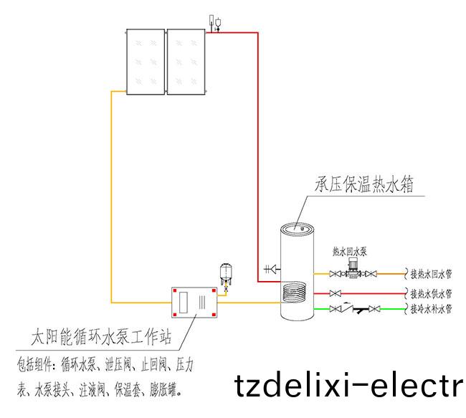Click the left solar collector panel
point(146,61)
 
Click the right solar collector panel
point(186,61)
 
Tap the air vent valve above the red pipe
point(214,22)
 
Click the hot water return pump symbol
point(352,270)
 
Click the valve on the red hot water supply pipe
point(335,293)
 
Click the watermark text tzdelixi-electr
point(349,386)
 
